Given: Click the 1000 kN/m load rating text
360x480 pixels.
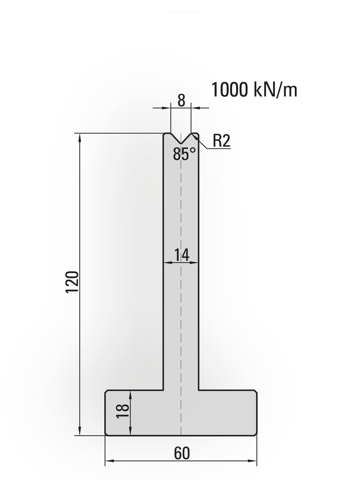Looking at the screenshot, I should tap(254, 90).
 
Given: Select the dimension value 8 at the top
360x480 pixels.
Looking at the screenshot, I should tap(181, 100).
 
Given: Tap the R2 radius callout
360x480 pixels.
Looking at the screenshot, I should tap(221, 141).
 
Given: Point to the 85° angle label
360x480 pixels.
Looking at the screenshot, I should tap(184, 154).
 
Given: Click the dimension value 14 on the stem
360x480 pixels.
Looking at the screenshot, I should tap(182, 255).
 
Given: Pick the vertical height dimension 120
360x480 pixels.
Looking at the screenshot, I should tap(72, 281).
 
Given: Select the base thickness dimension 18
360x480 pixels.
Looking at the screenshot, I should tap(123, 411).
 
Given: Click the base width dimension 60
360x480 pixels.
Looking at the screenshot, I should tap(182, 453).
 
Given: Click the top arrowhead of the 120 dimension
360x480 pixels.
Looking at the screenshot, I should tap(80, 137).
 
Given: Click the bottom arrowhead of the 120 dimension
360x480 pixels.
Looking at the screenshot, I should tap(80, 432).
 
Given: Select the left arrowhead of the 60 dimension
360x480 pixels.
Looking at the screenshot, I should tap(109, 461).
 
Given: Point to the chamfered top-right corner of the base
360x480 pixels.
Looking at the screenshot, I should tap(255, 391).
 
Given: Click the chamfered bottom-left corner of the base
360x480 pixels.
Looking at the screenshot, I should tap(106, 434).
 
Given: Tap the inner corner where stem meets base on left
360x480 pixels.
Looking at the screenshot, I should tap(163, 390).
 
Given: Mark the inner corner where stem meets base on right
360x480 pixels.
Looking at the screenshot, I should tap(199, 390).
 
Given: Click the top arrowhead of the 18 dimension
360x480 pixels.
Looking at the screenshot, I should tap(130, 394).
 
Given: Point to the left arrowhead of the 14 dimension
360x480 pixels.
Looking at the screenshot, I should tap(167, 262).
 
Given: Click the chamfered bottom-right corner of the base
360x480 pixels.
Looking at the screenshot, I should tap(255, 434).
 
